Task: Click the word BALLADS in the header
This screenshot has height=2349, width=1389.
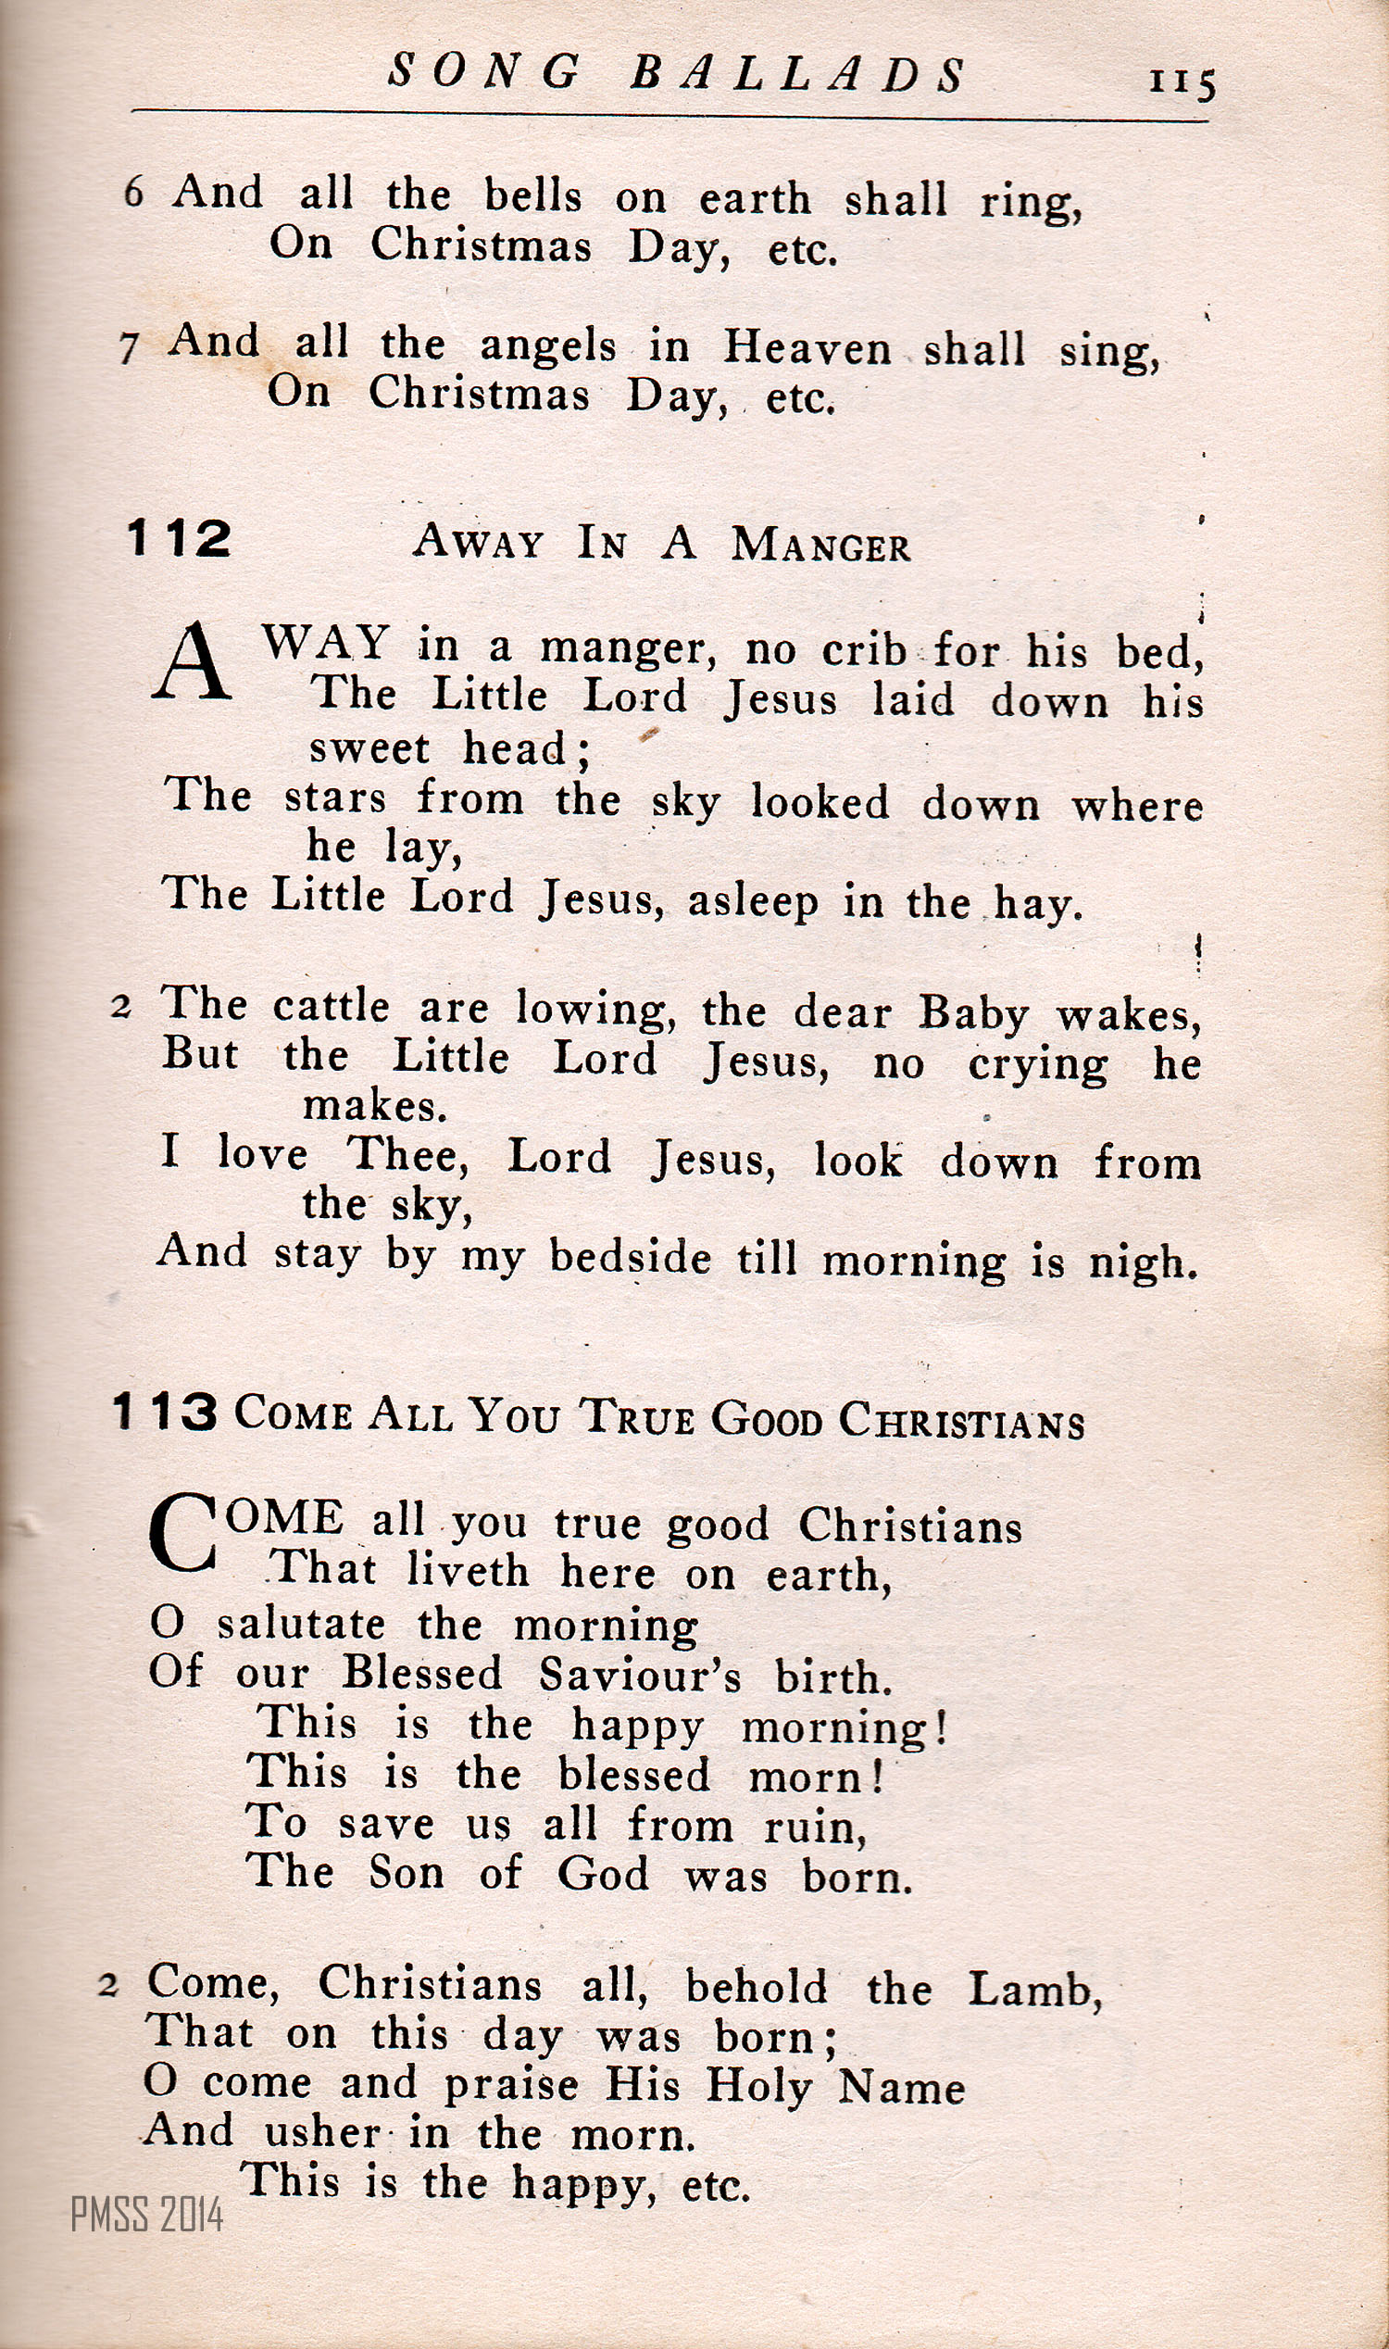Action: pos(797,74)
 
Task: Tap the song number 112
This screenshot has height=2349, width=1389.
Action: pos(178,539)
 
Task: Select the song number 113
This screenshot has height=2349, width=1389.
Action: pos(165,1412)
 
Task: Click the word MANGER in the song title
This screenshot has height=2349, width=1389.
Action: pos(820,545)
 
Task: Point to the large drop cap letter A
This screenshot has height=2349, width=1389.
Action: pos(192,663)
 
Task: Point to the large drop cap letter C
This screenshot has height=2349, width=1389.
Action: pos(182,1534)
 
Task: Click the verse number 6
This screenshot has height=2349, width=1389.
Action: pos(134,193)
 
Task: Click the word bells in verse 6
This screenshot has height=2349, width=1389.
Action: pos(532,195)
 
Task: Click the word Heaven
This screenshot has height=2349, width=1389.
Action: pos(807,348)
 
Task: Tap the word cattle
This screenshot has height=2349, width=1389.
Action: pos(332,1008)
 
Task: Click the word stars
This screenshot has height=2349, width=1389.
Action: pos(335,798)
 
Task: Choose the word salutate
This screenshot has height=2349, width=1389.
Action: pos(300,1625)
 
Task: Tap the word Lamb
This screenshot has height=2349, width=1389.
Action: pos(1033,1990)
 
